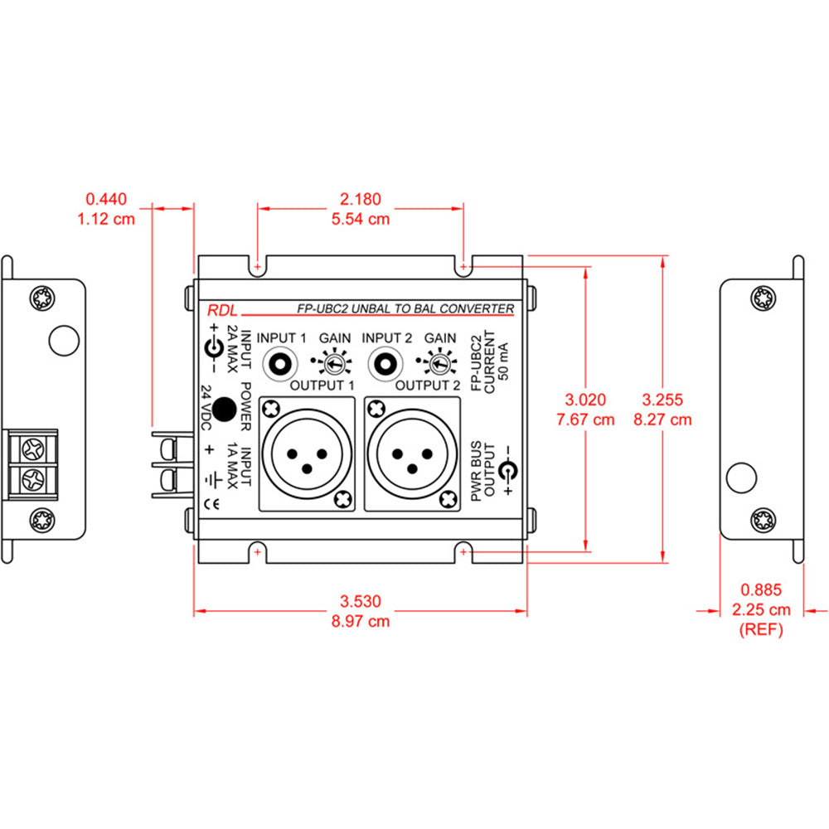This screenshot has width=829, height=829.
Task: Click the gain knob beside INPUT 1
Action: [330, 365]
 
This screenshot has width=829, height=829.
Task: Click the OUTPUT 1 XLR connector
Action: [308, 454]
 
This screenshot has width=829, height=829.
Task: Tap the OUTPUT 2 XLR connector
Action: [412, 454]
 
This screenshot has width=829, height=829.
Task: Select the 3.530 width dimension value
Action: [360, 599]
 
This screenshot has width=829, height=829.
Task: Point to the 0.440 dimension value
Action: [106, 199]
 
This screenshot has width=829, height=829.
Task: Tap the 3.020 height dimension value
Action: [586, 399]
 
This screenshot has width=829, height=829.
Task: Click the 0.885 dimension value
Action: [760, 590]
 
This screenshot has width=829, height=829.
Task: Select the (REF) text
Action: [760, 630]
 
